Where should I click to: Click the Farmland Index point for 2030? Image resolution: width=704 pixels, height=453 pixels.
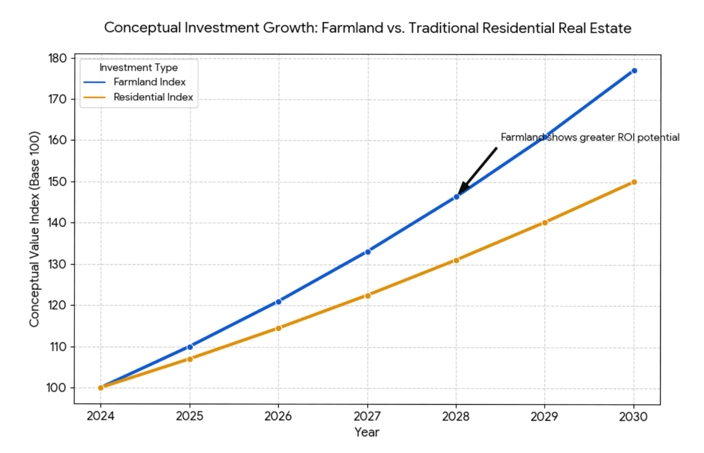tap(634, 71)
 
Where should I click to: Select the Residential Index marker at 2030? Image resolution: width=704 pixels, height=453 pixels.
tap(634, 182)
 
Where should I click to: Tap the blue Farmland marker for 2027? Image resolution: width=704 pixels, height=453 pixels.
tap(368, 252)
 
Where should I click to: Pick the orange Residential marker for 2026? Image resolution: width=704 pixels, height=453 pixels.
tap(279, 328)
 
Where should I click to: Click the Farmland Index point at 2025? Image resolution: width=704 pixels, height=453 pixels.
tap(190, 347)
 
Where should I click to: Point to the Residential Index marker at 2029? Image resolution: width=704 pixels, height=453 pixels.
tap(545, 222)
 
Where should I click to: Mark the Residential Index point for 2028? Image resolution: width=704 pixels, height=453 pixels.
tap(456, 260)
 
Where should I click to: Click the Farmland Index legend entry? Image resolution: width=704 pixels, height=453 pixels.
tap(149, 82)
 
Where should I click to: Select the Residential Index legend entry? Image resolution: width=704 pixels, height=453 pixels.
tap(153, 97)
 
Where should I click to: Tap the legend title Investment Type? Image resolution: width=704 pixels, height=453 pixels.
tap(138, 67)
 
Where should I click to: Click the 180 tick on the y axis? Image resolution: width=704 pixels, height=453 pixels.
tap(58, 58)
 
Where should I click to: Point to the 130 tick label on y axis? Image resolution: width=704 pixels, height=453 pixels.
tap(58, 264)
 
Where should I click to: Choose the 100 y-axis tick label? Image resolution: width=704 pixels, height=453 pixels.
tap(56, 388)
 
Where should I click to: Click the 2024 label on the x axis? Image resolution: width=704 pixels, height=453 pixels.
tap(101, 416)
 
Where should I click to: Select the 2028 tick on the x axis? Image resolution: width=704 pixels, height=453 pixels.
tap(456, 416)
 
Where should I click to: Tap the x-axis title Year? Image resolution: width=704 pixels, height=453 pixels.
tap(367, 432)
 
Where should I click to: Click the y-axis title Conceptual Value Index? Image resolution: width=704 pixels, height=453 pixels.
tap(34, 229)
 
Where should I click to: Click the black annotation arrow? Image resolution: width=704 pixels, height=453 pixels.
tap(478, 169)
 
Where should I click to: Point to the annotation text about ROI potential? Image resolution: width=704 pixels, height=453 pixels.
tap(589, 137)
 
